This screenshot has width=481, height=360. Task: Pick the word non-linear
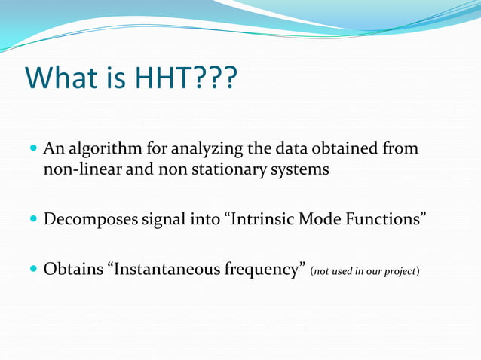pyautogui.click(x=81, y=169)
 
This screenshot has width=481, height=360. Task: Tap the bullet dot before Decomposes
pyautogui.click(x=33, y=221)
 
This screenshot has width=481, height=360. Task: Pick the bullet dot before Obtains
pyautogui.click(x=33, y=270)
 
